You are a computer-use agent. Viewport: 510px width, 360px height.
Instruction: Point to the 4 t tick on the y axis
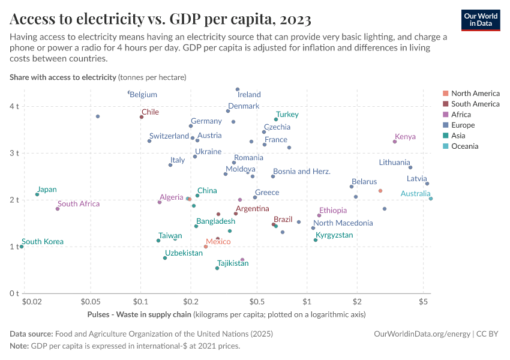click(x=14, y=106)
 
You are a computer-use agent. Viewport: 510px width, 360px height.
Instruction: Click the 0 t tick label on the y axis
click(x=14, y=293)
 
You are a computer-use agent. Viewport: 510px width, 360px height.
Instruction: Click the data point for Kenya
click(x=395, y=142)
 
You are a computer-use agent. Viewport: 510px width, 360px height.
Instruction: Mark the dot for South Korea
click(x=22, y=247)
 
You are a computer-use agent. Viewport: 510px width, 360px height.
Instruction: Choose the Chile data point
click(x=142, y=117)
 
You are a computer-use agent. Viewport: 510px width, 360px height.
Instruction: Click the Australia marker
click(x=431, y=199)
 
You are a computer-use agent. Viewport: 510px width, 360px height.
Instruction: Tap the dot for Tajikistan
click(x=217, y=268)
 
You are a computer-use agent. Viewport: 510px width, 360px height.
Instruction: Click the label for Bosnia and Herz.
click(x=302, y=172)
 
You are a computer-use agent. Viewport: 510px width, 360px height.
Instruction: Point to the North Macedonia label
click(x=343, y=223)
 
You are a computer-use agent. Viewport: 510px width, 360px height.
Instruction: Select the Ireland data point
click(x=238, y=89)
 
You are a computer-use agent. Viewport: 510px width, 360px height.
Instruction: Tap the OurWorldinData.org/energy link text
click(x=422, y=334)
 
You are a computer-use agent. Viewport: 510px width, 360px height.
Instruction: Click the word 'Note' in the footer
click(x=19, y=346)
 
